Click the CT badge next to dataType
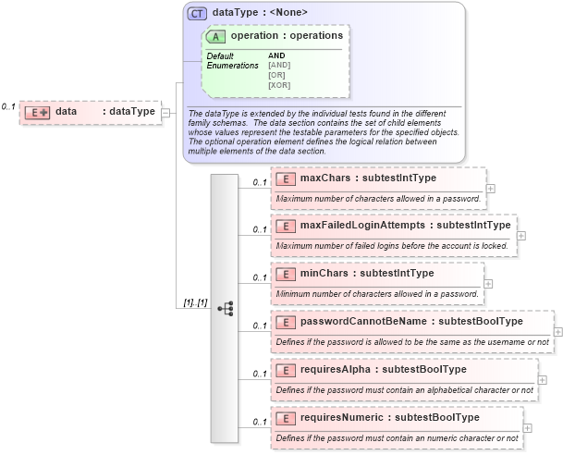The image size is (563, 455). click(x=197, y=13)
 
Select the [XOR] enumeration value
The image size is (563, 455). click(x=279, y=85)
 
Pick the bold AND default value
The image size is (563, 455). click(x=276, y=55)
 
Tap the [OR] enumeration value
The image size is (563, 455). click(x=276, y=75)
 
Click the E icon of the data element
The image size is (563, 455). click(x=37, y=112)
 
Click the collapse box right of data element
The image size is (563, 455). click(x=165, y=113)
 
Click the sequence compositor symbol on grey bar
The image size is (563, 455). click(x=225, y=308)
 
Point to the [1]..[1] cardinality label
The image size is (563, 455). click(x=194, y=303)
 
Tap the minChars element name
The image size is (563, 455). click(x=318, y=273)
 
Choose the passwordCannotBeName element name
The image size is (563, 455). click(x=358, y=321)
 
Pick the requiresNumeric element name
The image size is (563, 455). click(x=338, y=417)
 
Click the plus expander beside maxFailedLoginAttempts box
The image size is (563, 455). click(x=521, y=235)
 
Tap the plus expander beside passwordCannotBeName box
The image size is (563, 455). click(x=557, y=331)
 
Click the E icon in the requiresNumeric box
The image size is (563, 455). click(x=285, y=418)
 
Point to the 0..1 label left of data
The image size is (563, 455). click(x=8, y=107)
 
